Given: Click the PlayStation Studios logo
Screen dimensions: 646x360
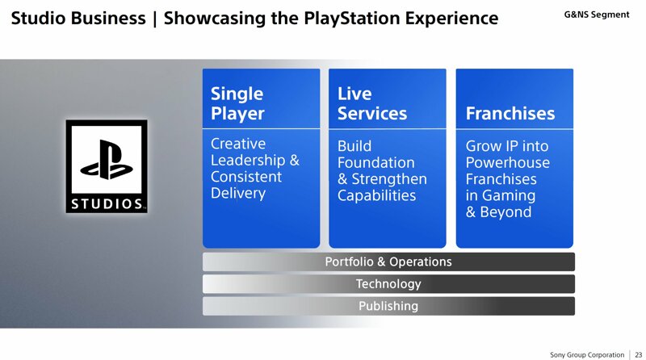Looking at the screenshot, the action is [107, 166].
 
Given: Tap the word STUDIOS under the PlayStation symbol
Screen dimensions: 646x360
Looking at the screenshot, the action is [107, 204].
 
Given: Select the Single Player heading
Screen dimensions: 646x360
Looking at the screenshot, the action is [237, 104].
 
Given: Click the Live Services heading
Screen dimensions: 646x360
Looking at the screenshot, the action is [372, 104].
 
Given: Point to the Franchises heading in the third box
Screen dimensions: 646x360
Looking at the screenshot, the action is [510, 113].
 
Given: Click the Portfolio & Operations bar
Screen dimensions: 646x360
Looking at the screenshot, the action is [388, 262].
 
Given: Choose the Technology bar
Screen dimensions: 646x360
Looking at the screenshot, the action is [388, 284].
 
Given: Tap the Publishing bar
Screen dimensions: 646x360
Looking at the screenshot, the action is [388, 306].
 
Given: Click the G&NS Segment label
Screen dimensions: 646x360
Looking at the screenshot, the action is [597, 15].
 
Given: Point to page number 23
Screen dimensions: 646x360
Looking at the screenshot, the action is [639, 354].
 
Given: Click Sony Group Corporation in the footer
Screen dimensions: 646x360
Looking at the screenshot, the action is [587, 354].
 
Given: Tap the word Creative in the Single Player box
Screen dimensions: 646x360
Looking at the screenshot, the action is [238, 144].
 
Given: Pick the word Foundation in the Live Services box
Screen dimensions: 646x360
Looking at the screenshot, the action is [376, 163].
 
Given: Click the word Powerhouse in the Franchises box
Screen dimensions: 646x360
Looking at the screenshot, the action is [508, 163].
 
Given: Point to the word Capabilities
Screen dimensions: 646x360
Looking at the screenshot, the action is [376, 195].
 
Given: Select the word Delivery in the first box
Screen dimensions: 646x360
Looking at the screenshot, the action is [238, 194].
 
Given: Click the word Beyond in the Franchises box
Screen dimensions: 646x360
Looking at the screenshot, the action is [506, 212].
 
